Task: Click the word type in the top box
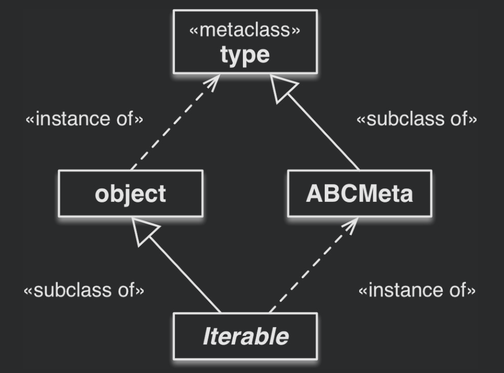pos(245,55)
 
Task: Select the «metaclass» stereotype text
pos(245,30)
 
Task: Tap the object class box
pos(131,194)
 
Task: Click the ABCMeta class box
pos(360,194)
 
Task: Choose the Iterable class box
pos(245,336)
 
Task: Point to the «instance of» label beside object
pos(85,119)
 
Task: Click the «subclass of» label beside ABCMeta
pos(417,119)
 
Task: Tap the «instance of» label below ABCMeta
pos(417,291)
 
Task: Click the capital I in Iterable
pos(207,336)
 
